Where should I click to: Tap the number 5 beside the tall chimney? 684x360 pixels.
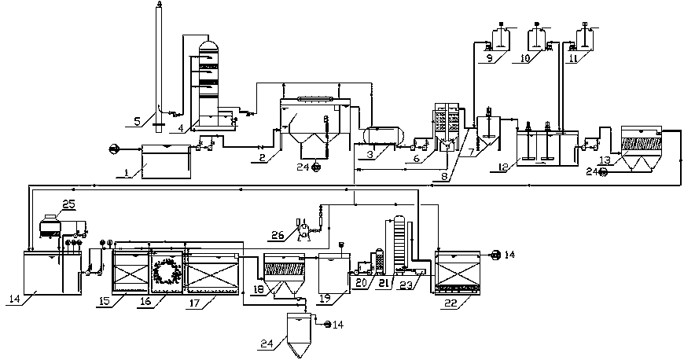click(138, 121)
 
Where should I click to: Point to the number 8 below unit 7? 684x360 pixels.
click(447, 178)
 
